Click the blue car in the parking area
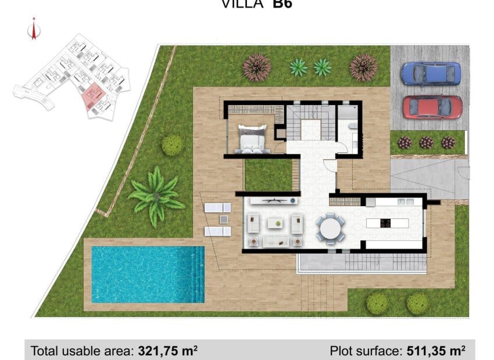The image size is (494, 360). (431, 74)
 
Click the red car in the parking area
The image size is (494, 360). (432, 107)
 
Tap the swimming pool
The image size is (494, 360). (147, 274)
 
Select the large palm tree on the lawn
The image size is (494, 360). (156, 194)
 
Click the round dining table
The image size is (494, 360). (330, 226)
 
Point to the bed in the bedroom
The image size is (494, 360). (252, 139)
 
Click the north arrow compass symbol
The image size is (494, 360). (34, 30)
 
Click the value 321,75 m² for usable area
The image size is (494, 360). (168, 351)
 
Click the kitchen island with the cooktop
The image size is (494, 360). (386, 223)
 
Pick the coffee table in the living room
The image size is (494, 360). (275, 222)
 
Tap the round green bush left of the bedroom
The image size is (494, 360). (172, 145)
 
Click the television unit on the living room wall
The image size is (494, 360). (272, 201)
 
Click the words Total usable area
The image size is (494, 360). (83, 351)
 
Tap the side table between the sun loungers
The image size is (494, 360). (224, 219)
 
